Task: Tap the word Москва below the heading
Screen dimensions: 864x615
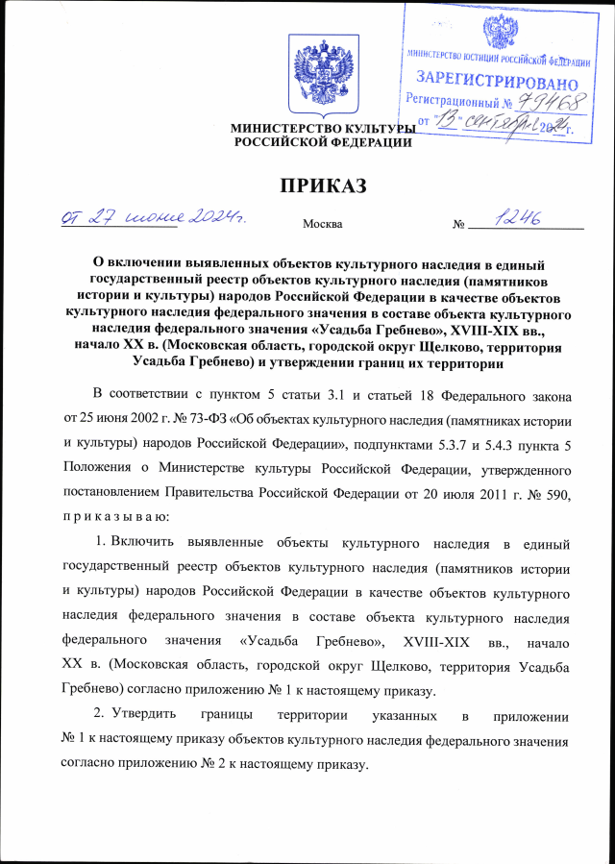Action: tap(323, 225)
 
